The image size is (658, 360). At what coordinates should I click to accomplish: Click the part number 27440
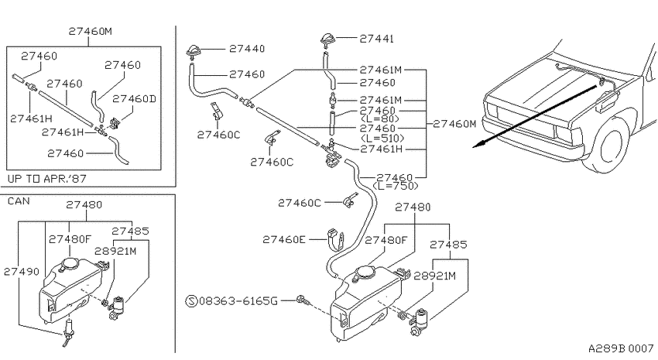pos(247,49)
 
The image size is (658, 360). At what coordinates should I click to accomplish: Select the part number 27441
pos(376,39)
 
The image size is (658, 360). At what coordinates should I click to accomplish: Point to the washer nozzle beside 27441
pos(328,41)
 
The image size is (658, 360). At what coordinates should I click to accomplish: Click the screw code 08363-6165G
pos(238,301)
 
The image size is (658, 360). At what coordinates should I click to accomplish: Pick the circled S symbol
pos(191,301)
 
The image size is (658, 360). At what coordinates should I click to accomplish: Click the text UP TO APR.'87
pos(47,179)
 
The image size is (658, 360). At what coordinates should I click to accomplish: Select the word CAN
pos(19,201)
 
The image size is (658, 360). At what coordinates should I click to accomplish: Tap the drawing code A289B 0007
pos(621,348)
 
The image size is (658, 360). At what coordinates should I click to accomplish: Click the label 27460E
pos(284,239)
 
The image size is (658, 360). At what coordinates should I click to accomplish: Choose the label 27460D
pos(134,98)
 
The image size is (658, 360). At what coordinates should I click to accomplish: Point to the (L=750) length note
pos(395,186)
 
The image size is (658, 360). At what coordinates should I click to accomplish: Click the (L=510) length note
pos(382,138)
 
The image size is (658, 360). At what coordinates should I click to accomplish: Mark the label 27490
pos(22,272)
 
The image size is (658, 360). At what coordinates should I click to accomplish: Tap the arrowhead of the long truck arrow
pos(478,146)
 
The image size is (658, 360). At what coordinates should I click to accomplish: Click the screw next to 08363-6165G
pos(302,300)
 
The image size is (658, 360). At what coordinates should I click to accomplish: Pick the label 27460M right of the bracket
pos(455,124)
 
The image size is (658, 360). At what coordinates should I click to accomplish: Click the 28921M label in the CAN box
pos(115,251)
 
